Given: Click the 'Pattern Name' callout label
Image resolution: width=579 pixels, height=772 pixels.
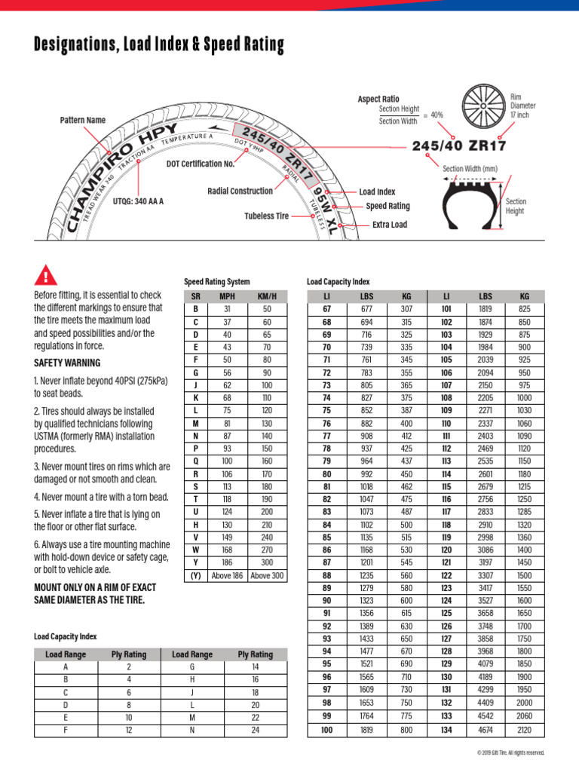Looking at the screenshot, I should click(83, 120).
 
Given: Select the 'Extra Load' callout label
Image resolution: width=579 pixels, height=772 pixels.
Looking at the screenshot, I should click(390, 225).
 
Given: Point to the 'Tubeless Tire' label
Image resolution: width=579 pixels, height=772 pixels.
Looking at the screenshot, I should click(266, 216).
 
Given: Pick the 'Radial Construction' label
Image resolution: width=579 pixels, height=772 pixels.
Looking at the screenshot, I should click(240, 191).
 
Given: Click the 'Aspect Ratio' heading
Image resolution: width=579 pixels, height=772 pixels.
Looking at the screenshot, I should click(378, 99).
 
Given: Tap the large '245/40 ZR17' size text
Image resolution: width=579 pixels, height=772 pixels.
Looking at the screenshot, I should click(458, 146).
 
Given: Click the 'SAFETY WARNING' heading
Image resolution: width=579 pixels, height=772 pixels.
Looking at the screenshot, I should click(67, 363).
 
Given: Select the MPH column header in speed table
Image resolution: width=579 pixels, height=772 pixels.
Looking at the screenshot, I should click(227, 297).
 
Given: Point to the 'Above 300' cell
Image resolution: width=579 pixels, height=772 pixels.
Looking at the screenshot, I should click(268, 576).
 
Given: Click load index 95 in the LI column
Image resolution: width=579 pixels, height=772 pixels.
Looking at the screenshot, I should click(327, 663).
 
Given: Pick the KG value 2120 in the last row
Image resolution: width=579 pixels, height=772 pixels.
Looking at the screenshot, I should click(525, 730).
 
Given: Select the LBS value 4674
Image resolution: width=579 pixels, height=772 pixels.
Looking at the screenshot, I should click(486, 730).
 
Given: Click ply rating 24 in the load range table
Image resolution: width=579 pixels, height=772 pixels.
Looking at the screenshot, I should click(255, 730).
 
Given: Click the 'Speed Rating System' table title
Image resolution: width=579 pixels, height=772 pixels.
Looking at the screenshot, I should click(216, 281).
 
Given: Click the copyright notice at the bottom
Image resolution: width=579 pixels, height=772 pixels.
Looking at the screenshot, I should click(510, 752).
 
